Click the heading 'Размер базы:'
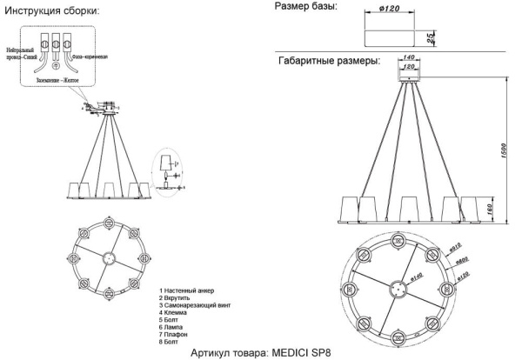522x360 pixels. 307,7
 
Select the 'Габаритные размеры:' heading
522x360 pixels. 329,63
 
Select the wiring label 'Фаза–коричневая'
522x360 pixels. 89,55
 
